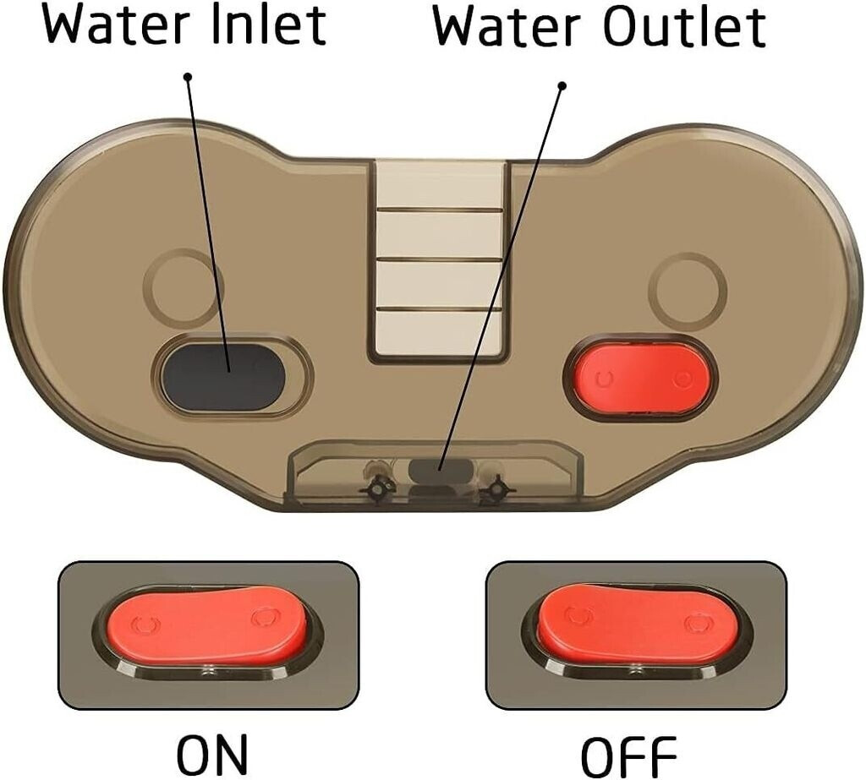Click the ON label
(212, 755)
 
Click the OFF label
(629, 756)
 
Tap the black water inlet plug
(222, 378)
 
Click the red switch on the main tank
(641, 378)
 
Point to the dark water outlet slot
(441, 472)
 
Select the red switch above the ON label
(206, 625)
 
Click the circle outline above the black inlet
(184, 287)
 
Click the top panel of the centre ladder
(440, 184)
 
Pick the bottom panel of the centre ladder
(440, 333)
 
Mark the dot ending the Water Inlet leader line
(188, 76)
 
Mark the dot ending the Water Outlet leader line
(562, 86)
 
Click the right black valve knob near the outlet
(496, 489)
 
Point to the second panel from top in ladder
(440, 234)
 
